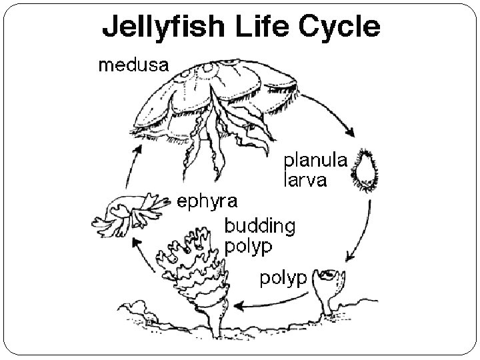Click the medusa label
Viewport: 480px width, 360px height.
[133, 65]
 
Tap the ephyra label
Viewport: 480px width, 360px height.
[207, 199]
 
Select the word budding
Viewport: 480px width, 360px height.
[259, 225]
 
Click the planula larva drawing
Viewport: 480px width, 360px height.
[365, 169]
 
